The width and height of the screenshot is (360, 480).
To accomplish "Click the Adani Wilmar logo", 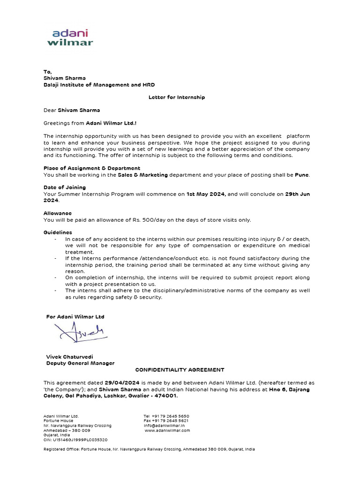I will tap(70, 37).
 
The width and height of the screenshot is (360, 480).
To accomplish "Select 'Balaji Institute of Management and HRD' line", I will tap(99, 85).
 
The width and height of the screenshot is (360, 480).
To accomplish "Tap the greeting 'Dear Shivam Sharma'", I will tap(72, 110).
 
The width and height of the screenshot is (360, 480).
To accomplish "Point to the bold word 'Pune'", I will tap(301, 175).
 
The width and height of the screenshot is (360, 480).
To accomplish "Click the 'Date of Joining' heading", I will tap(65, 187).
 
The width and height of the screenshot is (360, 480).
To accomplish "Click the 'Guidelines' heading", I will tap(58, 232).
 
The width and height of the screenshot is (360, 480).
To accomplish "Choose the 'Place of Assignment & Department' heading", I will tap(92, 168).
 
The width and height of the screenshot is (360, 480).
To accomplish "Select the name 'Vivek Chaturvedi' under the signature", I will tap(69, 357).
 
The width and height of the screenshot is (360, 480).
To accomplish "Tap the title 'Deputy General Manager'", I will tap(80, 363).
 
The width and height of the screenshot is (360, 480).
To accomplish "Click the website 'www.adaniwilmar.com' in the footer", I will tap(167, 430).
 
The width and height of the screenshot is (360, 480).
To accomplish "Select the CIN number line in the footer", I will tap(75, 440).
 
